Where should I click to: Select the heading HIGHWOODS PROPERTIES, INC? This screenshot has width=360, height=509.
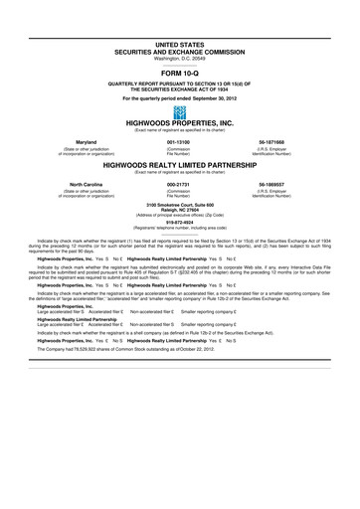click(x=180, y=126)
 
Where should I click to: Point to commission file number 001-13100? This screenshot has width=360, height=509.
click(x=179, y=142)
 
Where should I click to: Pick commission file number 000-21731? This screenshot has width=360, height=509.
click(x=179, y=185)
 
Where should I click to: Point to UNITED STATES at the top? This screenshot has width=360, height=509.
click(x=180, y=46)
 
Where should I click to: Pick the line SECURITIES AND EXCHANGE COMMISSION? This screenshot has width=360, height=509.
click(x=180, y=52)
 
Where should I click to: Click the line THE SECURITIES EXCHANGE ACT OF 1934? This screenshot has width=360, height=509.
click(x=180, y=88)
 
